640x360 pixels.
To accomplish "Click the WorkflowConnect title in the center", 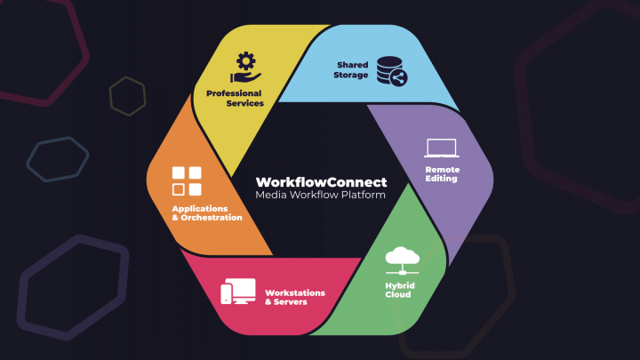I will pos(320,180).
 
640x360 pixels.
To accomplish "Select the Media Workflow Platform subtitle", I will pos(320,194).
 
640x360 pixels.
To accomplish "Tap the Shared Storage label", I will pos(352,70).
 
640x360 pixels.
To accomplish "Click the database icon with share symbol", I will pos(390,70).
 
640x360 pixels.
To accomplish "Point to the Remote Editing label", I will pos(442,173).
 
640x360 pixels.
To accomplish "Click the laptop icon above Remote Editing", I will pos(441,148).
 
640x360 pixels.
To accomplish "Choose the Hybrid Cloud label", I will pos(398,289).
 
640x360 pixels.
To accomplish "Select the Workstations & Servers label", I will pos(295,297).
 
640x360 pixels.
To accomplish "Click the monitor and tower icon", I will pos(238,291).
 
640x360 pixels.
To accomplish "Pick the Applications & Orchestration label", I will pos(206,213).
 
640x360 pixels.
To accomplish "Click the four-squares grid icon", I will pos(187,180).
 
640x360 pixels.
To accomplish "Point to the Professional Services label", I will pos(235,98).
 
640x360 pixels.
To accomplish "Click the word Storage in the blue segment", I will pos(351,75).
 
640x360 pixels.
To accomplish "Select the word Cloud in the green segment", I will pos(398,293).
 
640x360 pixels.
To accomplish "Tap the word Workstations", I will pos(295,292).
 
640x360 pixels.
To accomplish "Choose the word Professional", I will pos(235,93).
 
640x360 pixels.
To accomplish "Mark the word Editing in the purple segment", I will pos(442,178).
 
